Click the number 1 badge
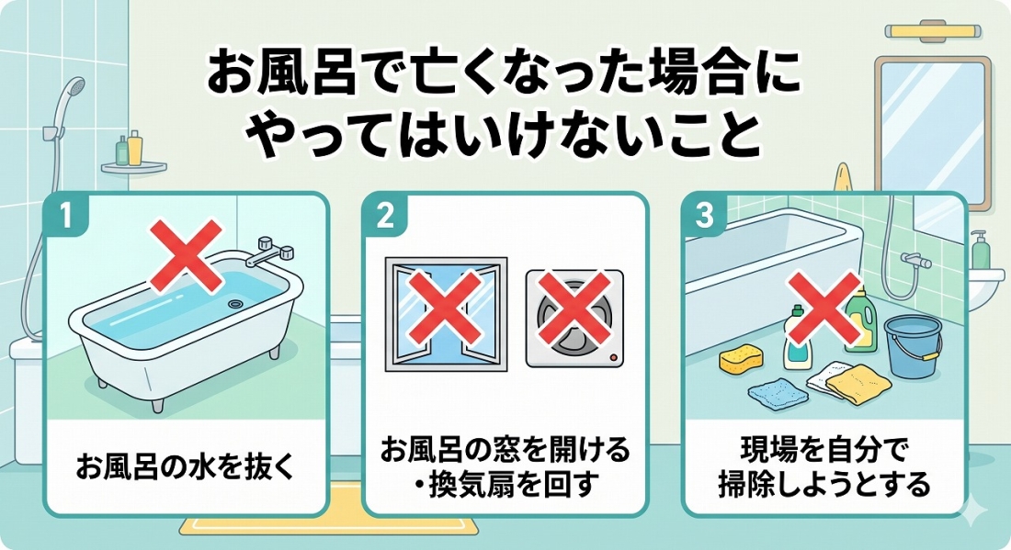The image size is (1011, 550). tap(65, 215)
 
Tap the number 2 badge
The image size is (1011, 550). tap(384, 215)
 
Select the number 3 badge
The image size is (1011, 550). tap(704, 215)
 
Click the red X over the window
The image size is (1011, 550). tap(445, 307)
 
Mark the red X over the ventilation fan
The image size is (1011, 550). tap(574, 307)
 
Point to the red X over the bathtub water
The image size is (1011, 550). tap(187, 255)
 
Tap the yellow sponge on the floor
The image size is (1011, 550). tap(740, 361)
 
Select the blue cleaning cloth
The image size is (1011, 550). tap(778, 391)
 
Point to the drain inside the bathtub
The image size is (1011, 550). tap(236, 303)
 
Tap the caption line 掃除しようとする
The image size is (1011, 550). tap(824, 484)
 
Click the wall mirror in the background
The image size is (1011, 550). tap(932, 132)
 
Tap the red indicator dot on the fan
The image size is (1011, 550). tap(612, 357)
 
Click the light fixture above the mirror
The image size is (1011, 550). tap(932, 30)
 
